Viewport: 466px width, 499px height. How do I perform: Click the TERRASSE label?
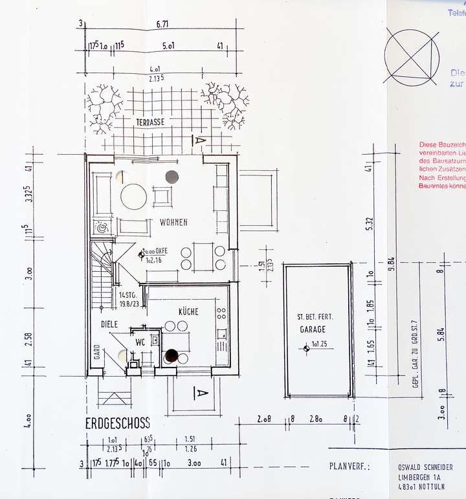150,122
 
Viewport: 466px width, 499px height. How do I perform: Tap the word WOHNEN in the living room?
173,223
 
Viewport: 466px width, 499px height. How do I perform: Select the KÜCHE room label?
188,312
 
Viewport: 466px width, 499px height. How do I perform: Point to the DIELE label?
110,324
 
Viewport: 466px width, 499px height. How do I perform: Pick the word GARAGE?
313,329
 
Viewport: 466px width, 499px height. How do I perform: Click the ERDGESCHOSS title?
118,423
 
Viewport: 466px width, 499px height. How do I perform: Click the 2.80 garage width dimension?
316,420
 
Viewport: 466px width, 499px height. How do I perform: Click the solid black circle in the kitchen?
172,355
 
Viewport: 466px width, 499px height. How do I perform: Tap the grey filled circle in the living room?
172,175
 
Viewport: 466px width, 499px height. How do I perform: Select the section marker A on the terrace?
199,139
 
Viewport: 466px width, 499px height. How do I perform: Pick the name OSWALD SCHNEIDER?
425,467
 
